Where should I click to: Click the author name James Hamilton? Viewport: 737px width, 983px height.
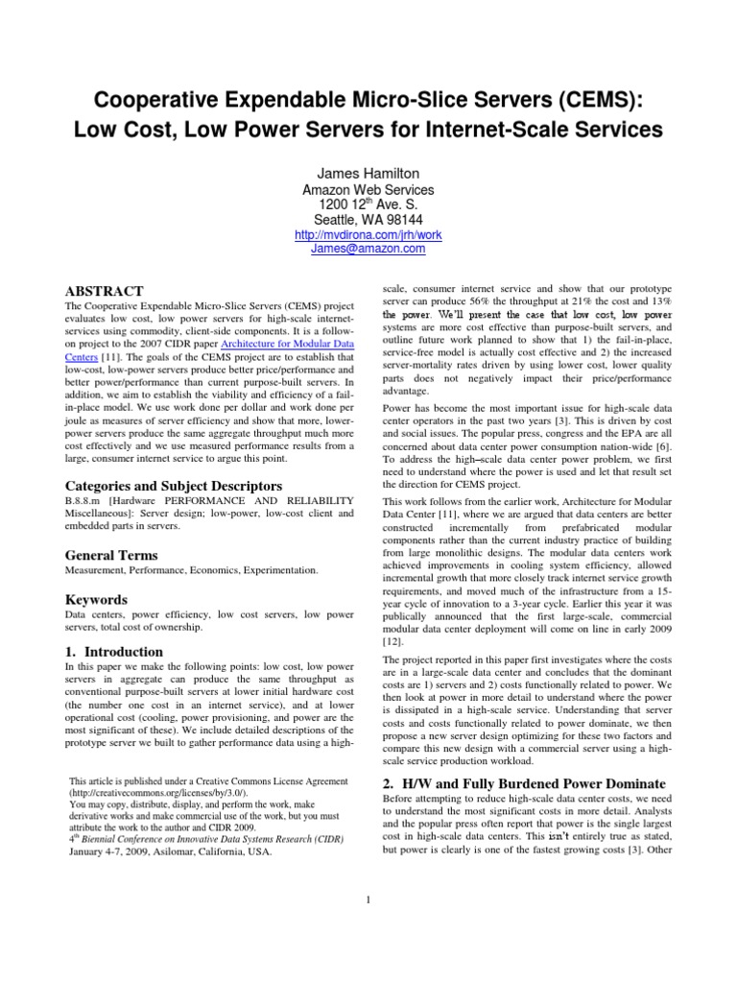click(368, 172)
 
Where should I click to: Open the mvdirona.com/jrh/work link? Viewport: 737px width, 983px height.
click(368, 234)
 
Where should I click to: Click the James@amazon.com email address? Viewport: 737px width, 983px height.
click(368, 248)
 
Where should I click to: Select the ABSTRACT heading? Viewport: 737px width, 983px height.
click(104, 291)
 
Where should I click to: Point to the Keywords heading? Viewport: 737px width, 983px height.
click(96, 599)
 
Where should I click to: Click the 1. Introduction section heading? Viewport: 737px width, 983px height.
click(113, 652)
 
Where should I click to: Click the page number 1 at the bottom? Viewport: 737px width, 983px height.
click(368, 899)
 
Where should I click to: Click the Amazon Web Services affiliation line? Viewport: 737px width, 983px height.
click(368, 190)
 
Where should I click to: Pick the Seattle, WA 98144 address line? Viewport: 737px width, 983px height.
click(368, 220)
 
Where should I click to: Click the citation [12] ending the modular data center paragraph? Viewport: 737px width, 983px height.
click(392, 641)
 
